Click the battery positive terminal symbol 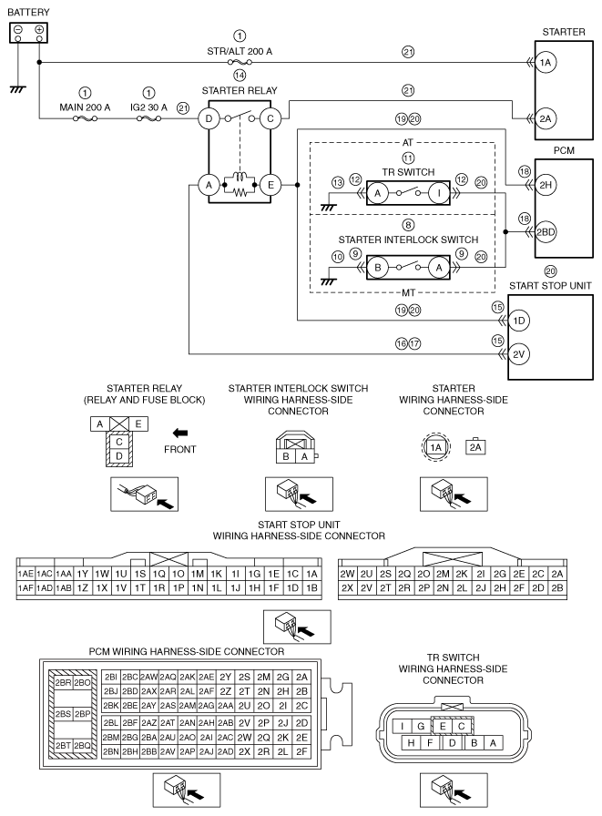(x=39, y=29)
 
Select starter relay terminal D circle (x=209, y=118)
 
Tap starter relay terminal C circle (x=270, y=118)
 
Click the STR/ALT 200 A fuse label (x=240, y=51)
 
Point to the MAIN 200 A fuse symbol (x=85, y=118)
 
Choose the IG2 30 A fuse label (x=148, y=107)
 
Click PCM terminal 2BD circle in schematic (x=546, y=232)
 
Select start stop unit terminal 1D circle (x=519, y=321)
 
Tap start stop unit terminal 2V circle (x=519, y=354)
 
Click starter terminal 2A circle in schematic (x=546, y=118)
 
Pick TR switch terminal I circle (x=439, y=193)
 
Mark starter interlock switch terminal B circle (x=378, y=268)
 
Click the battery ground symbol (x=17, y=89)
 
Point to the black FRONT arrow (x=180, y=433)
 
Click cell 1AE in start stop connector (x=26, y=574)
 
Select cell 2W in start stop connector (x=347, y=574)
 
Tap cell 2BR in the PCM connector (x=63, y=682)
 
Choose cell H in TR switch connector (x=411, y=742)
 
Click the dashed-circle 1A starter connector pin (x=435, y=447)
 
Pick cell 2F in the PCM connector (x=301, y=751)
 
